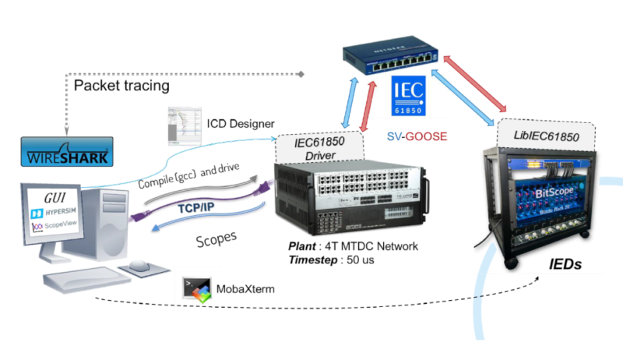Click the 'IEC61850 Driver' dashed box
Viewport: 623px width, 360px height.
319,146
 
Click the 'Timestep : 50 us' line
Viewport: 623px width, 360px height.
333,259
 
